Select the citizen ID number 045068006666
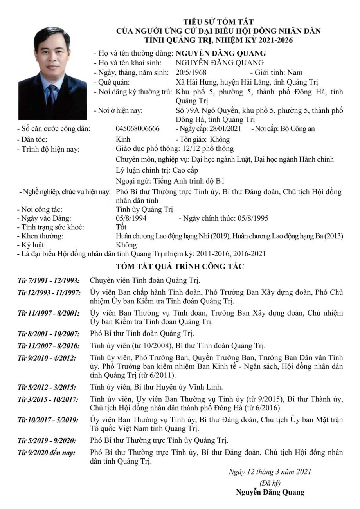138,129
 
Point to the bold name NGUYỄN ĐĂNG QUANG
221,53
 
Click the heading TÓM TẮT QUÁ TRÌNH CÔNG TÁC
180,267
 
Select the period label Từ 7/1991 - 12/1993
49,281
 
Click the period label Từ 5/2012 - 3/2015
47,387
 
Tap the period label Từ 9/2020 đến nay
47,453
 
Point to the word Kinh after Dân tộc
123,139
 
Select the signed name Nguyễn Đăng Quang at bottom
270,492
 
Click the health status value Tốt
121,227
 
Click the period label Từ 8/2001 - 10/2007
49,334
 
